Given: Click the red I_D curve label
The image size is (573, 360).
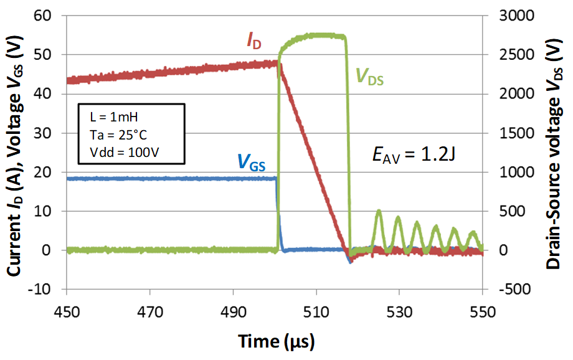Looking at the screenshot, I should point(253,42).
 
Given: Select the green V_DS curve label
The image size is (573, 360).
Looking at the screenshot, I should point(369,76).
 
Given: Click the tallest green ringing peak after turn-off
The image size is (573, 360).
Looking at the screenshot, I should point(378,212).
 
